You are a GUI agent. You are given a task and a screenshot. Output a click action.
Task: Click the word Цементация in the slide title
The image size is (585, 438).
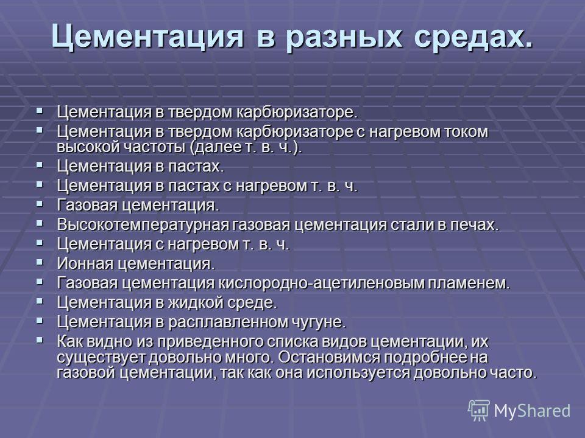click(147, 36)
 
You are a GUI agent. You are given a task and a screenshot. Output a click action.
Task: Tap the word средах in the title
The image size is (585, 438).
click(473, 36)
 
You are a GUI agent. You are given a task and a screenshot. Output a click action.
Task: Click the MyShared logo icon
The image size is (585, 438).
click(479, 411)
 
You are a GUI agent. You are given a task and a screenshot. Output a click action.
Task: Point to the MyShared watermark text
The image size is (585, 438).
click(532, 411)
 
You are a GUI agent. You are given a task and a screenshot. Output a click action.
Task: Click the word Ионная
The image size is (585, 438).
click(85, 263)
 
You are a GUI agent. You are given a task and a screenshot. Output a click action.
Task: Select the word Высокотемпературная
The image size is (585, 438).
click(143, 225)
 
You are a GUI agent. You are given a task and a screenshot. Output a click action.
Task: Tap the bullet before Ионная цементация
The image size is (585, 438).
click(40, 262)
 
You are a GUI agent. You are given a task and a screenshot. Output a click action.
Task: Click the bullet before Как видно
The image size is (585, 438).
click(40, 340)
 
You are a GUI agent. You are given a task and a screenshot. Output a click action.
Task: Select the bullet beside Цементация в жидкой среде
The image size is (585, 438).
click(40, 301)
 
